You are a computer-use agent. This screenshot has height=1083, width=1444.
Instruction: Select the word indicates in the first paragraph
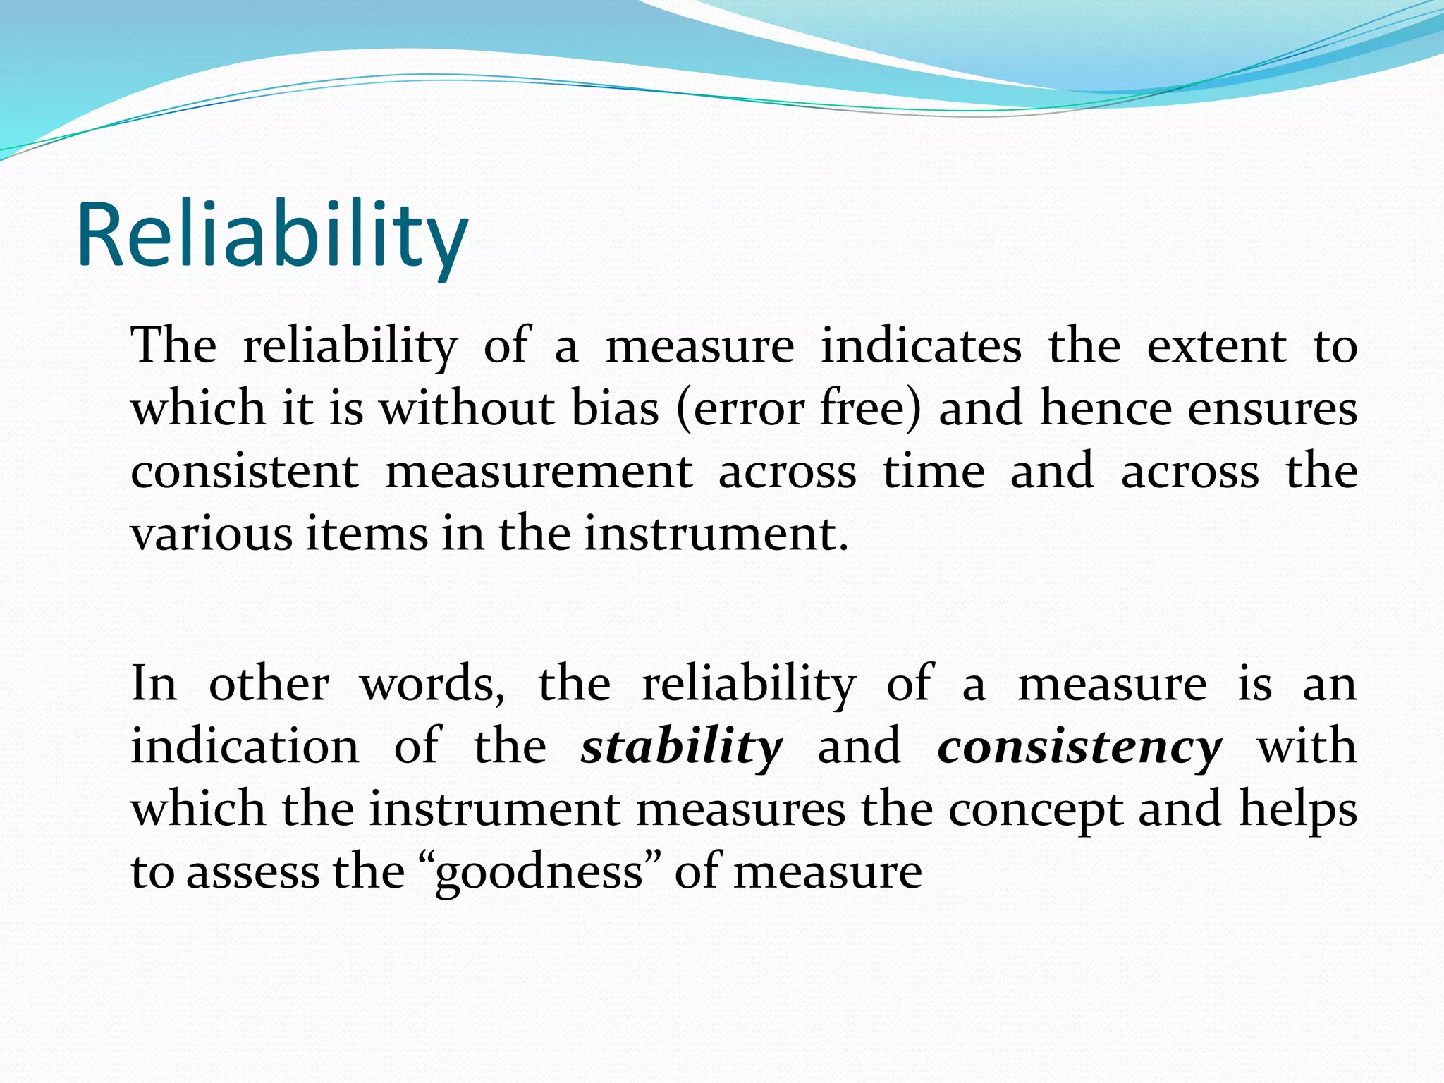point(921,347)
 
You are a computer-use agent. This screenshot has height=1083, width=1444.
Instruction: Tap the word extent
point(1216,347)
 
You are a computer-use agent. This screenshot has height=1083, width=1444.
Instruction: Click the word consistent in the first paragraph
point(245,472)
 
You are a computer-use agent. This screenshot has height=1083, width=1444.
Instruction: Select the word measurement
point(539,472)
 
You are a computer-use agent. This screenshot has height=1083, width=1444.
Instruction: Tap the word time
point(934,472)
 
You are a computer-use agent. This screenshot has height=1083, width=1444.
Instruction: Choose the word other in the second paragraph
point(269,684)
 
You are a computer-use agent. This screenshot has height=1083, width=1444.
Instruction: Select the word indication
point(245,746)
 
